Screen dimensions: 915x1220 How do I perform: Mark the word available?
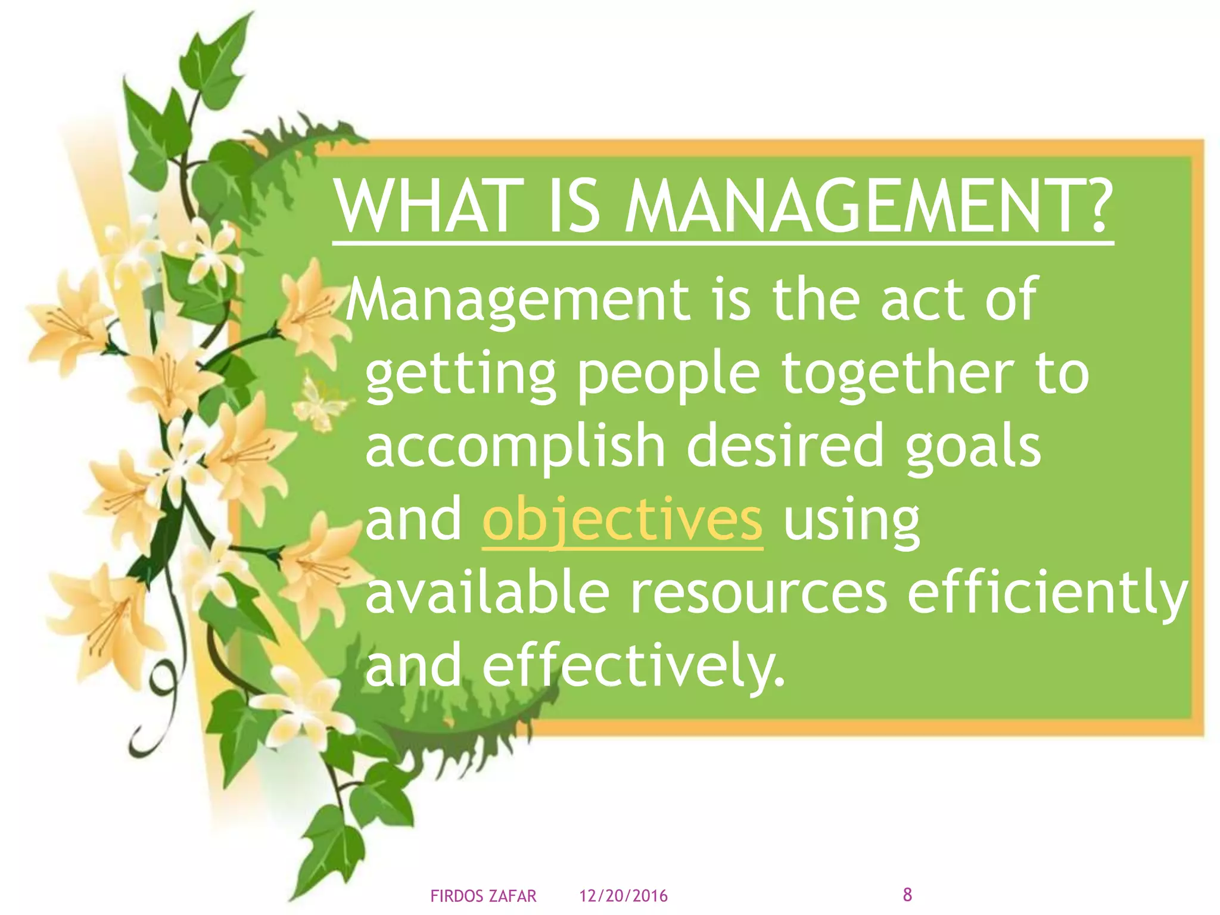[487, 592]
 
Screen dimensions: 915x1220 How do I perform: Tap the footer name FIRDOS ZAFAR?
[483, 896]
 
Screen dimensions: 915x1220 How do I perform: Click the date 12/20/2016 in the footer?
[624, 896]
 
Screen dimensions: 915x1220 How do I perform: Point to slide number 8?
[907, 894]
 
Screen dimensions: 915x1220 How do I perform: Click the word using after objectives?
[851, 522]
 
